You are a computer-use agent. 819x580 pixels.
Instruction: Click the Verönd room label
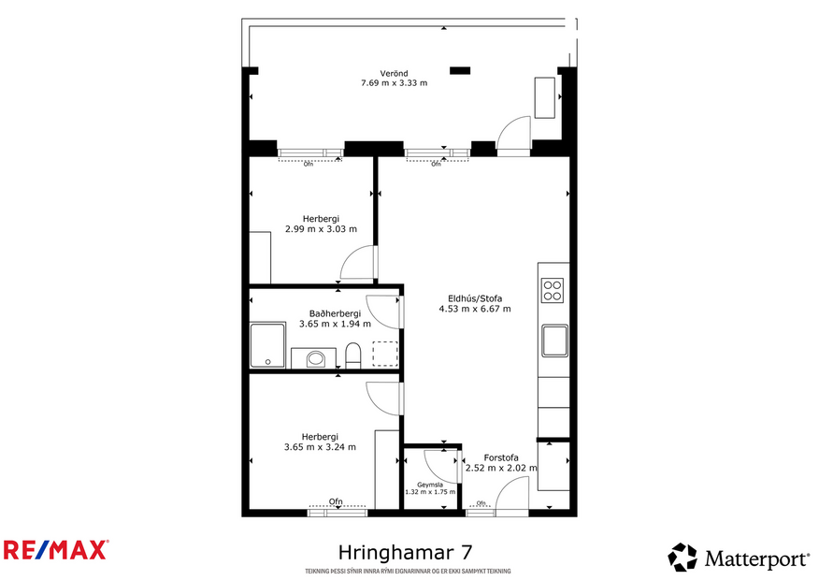(x=394, y=73)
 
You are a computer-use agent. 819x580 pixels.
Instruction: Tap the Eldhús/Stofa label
(x=475, y=298)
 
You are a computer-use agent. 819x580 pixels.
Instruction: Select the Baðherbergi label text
(x=335, y=313)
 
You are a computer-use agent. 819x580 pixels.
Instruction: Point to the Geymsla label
(x=430, y=485)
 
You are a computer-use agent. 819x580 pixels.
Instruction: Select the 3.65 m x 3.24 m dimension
(x=320, y=446)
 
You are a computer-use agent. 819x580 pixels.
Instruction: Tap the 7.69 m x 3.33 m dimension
(x=394, y=83)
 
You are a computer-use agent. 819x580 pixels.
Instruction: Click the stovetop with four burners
(x=553, y=291)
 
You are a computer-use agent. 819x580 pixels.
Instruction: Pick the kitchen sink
(x=553, y=341)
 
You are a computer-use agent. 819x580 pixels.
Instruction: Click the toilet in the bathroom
(x=353, y=356)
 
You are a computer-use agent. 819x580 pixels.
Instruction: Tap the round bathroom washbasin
(x=316, y=359)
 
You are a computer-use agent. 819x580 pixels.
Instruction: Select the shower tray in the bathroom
(x=268, y=345)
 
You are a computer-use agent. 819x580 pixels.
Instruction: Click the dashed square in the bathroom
(x=384, y=354)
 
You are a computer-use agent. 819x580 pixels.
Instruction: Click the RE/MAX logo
(x=55, y=549)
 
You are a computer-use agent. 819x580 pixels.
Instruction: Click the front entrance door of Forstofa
(x=512, y=496)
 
